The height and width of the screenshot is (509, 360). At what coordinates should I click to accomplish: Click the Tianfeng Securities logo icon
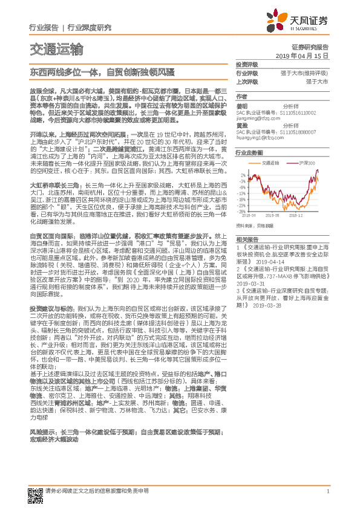tap(287, 20)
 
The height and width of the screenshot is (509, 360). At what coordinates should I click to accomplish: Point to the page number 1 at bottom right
tap(327, 492)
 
